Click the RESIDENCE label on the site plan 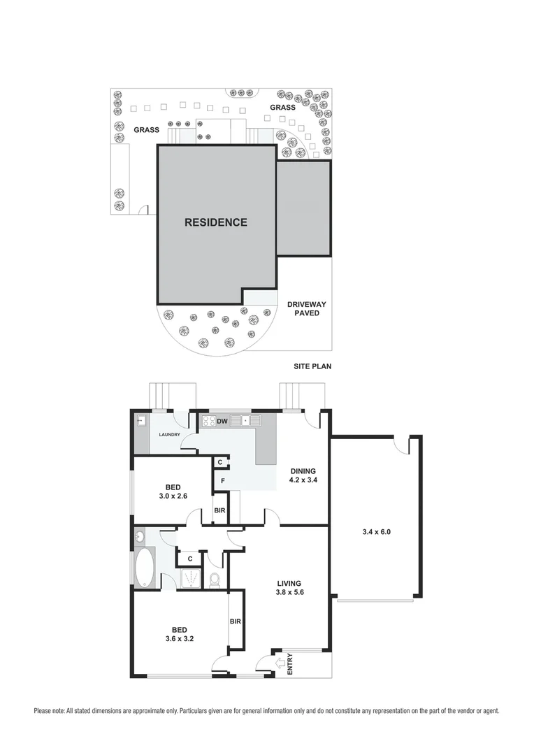(x=215, y=222)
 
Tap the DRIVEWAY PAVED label (x=306, y=308)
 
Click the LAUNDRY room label (x=170, y=435)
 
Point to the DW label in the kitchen (x=222, y=421)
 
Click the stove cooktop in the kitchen (x=208, y=421)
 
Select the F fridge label (x=222, y=481)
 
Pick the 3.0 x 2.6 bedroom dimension (x=173, y=497)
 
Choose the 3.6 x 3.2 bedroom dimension (x=174, y=638)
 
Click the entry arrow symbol (x=281, y=662)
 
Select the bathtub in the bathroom (x=145, y=567)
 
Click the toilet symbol (x=215, y=580)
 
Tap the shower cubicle (x=189, y=578)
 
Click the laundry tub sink (x=140, y=420)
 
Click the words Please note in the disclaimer (x=49, y=711)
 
